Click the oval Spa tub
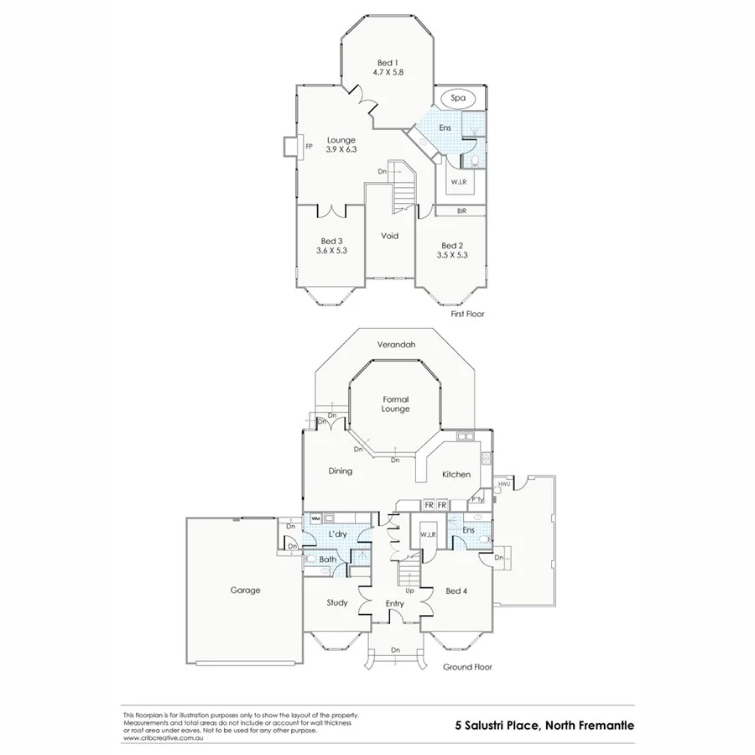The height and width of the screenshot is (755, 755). point(458,98)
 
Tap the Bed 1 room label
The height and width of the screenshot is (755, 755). point(386,64)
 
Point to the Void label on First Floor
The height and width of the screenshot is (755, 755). point(389,236)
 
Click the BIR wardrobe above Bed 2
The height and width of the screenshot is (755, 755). point(461,211)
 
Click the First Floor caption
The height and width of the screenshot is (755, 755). point(467,314)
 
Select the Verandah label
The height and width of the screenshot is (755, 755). point(396,344)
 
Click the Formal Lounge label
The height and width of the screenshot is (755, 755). point(395,404)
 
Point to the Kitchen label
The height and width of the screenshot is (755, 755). point(456,475)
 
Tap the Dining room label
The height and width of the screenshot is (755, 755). point(340,471)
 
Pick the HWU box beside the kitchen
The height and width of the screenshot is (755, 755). point(504,485)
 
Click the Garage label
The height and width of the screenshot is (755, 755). point(245,590)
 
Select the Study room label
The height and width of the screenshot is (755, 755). point(337,602)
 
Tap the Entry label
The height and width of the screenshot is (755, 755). point(394,603)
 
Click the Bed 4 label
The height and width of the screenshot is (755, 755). point(456,590)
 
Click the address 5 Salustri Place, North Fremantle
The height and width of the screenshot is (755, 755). point(544,724)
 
